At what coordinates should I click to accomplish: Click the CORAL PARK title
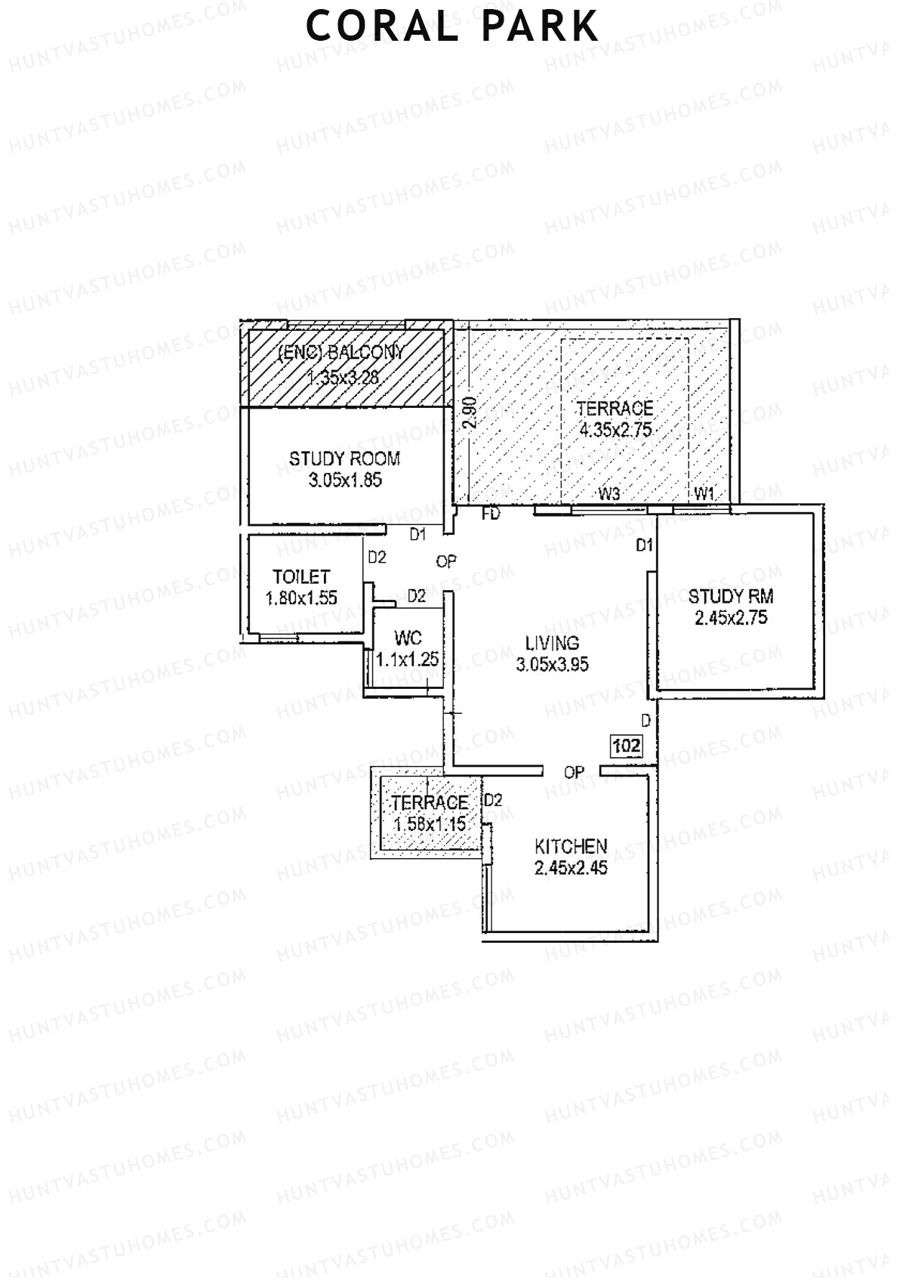click(452, 26)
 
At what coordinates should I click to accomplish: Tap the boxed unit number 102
click(627, 746)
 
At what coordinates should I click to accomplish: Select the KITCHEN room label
click(571, 846)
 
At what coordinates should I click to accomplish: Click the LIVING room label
click(553, 643)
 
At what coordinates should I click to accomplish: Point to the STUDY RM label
click(731, 596)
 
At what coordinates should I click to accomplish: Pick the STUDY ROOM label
click(344, 459)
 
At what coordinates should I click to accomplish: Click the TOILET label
click(301, 577)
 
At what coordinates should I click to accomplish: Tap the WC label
click(408, 638)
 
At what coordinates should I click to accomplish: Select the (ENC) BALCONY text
click(341, 352)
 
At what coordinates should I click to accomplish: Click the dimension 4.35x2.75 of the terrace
click(615, 431)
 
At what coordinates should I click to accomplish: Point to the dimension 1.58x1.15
click(430, 824)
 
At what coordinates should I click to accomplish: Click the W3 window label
click(609, 494)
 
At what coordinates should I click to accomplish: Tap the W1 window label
click(704, 494)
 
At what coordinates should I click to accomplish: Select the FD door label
click(492, 514)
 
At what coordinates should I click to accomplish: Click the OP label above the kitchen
click(574, 772)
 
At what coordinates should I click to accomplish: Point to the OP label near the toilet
click(446, 561)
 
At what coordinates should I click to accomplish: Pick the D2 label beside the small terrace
click(493, 800)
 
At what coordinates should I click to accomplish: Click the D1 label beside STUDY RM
click(644, 545)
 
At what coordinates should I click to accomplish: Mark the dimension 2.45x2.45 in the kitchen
click(571, 868)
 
